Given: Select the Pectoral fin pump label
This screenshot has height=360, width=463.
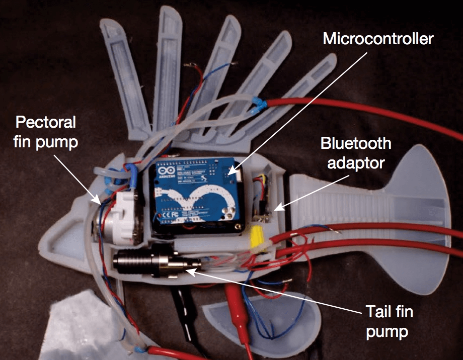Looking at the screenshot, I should (46, 132).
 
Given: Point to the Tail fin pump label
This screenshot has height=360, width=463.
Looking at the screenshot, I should (388, 321).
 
